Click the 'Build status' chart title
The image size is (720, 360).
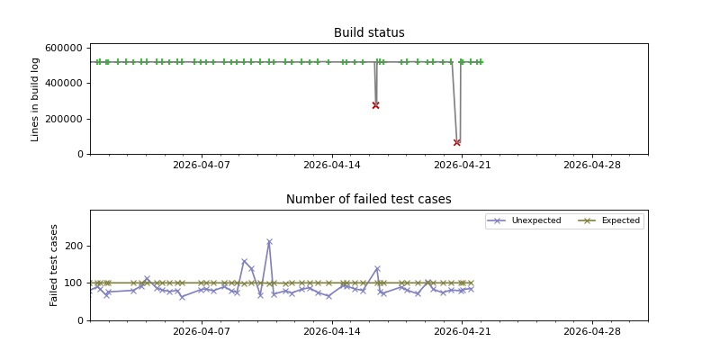pos(369,33)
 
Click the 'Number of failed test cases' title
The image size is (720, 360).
pos(369,200)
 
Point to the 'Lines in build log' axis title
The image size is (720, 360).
pos(36,99)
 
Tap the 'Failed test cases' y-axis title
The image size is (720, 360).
pos(54,265)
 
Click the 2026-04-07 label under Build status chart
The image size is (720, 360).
pos(202,166)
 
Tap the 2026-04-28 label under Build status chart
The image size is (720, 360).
pos(592,166)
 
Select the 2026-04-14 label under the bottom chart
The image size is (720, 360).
pos(332,332)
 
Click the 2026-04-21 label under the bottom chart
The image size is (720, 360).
pos(462,332)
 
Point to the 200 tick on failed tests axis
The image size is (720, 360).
pos(74,246)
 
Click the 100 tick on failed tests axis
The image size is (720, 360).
pos(74,283)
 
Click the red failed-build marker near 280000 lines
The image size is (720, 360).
pos(375,105)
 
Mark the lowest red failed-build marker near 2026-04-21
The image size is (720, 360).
pos(457,142)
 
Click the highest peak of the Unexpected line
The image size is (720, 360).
pos(269,242)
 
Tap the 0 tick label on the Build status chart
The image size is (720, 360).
pos(79,154)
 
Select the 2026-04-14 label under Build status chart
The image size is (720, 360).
pos(332,166)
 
